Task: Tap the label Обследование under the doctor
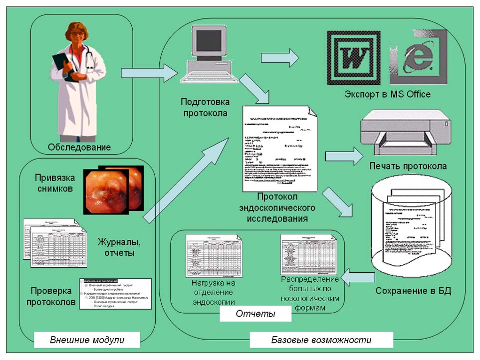coord(79,147)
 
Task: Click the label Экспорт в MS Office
coord(387,94)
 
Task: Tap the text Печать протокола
coord(408,166)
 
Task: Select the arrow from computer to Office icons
coord(279,58)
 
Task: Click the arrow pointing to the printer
coord(345,156)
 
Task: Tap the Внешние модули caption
coord(87,340)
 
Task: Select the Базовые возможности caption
coord(321,340)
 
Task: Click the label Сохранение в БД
coord(413,291)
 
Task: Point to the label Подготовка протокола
coord(205,107)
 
